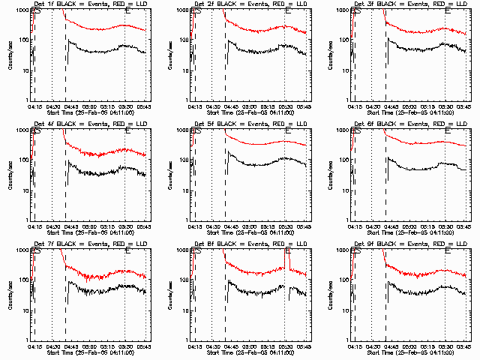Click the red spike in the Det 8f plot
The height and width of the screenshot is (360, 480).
[288, 259]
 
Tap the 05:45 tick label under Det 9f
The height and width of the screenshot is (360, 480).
[463, 347]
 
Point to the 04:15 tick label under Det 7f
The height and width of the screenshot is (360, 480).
[34, 347]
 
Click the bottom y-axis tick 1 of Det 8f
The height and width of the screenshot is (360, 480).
[187, 340]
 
